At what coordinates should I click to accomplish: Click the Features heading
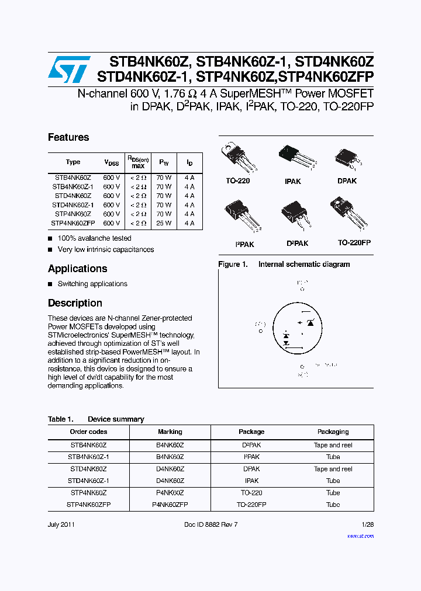68,137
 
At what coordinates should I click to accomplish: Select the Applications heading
77,269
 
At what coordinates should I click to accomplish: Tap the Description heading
75,303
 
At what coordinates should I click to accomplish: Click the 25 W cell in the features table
164,223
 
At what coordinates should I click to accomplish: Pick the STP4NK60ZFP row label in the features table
73,223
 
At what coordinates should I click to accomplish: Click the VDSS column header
111,163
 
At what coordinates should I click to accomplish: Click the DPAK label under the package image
347,181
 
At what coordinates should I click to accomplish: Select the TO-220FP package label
354,242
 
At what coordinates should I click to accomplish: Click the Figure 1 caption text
284,265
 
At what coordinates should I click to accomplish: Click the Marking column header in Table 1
170,432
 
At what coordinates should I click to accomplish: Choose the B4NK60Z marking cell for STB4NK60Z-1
170,457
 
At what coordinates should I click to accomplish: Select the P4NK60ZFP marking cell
170,504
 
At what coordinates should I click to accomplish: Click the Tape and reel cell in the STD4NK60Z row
333,469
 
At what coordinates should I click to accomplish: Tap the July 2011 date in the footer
60,524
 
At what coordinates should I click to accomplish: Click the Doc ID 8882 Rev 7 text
210,524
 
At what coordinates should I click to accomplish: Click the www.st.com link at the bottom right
360,536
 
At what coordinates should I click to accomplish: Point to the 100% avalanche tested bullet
94,238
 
